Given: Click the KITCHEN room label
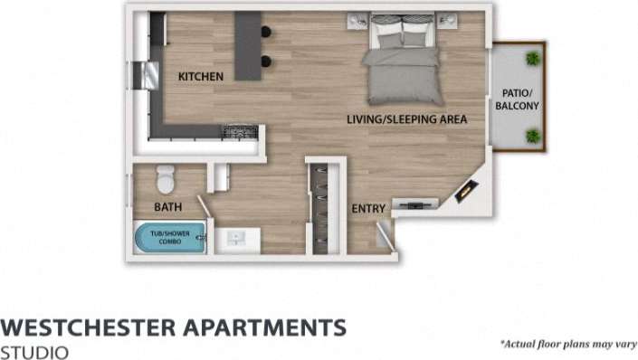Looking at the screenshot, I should click(x=200, y=77).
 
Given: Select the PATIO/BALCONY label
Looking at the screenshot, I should click(x=517, y=99).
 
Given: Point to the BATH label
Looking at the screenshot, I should click(x=167, y=207).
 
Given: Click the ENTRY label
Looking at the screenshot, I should click(x=368, y=209).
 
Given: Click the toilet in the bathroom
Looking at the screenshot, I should click(x=165, y=180).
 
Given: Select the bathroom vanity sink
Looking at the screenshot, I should click(x=237, y=239).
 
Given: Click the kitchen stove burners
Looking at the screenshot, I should click(x=241, y=132).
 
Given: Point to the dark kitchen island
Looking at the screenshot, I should click(x=247, y=45).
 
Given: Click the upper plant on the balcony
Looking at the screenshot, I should click(x=533, y=59).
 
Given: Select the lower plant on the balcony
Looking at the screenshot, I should click(x=533, y=137).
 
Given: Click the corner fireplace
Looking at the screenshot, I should click(x=467, y=190).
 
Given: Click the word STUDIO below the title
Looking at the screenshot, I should click(x=34, y=351).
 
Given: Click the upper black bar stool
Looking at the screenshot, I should click(x=266, y=33).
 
